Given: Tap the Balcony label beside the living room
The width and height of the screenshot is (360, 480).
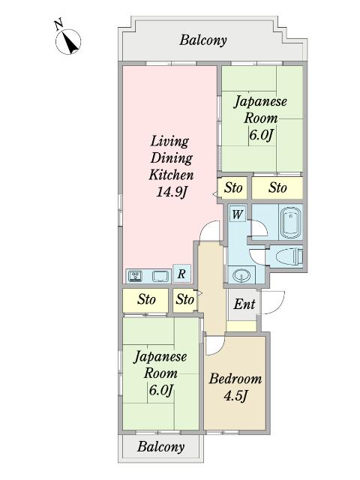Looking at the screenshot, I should [x=202, y=40].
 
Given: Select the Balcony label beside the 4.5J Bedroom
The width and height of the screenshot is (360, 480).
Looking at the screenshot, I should [x=160, y=447].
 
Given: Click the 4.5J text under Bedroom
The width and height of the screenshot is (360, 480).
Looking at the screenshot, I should [x=235, y=396].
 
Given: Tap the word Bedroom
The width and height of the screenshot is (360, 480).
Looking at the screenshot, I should [x=235, y=379].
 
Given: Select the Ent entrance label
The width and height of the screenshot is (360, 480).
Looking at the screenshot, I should [x=243, y=304].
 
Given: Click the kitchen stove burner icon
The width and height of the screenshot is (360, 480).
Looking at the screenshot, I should [x=136, y=275].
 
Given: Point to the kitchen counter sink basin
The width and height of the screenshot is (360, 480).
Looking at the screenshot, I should [x=159, y=275].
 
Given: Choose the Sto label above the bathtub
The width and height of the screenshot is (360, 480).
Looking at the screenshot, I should [x=277, y=187].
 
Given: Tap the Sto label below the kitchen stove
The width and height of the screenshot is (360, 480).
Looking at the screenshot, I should [x=146, y=299].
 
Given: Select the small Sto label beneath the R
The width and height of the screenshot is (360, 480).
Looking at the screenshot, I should [x=184, y=300].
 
